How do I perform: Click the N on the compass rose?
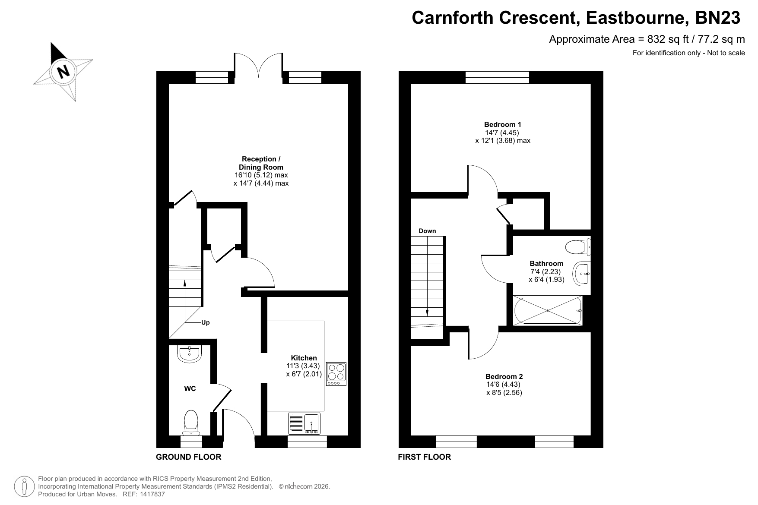point(64,71)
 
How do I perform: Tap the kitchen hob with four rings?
point(336,374)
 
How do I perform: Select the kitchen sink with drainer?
point(304,423)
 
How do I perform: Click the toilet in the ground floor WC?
point(190,422)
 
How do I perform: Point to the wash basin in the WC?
point(189,353)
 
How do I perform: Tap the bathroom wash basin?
point(582,273)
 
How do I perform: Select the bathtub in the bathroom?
point(548,310)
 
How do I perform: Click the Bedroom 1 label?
point(502,125)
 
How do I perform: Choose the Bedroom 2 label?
point(504,376)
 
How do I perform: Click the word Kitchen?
point(304,358)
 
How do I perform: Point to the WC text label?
point(190,389)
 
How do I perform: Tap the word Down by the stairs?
point(427,231)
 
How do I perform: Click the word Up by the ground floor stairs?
point(206,323)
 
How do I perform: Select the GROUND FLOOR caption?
point(188,457)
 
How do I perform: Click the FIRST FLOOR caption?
point(424,457)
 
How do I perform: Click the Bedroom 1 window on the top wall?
point(497,77)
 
